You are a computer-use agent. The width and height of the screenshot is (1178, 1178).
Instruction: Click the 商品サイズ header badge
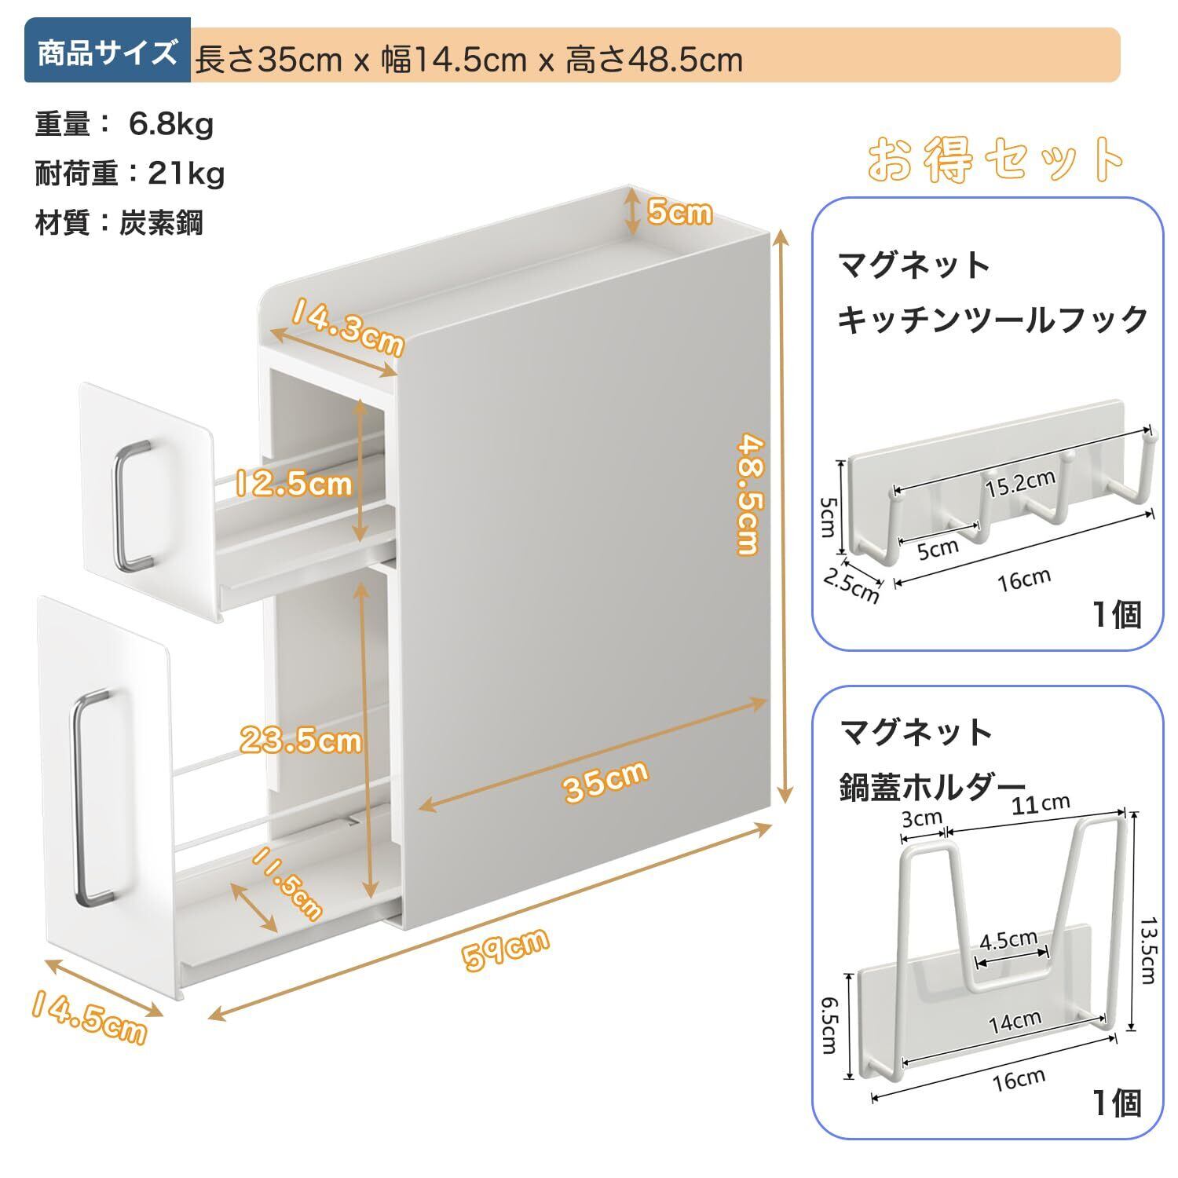[107, 54]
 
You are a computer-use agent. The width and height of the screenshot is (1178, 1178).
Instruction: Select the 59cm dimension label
[505, 949]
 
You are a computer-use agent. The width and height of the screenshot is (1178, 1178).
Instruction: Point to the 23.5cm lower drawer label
[300, 740]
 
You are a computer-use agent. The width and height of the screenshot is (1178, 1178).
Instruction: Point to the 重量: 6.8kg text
[124, 124]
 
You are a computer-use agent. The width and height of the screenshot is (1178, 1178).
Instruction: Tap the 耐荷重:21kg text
[130, 173]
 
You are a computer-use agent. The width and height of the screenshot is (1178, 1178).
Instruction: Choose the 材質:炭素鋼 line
[119, 223]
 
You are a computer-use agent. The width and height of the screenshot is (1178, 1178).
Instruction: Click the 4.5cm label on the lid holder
[1008, 939]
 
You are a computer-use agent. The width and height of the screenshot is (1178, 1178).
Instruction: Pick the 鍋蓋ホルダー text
[931, 785]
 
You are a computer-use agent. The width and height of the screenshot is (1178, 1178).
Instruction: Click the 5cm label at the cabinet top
[679, 211]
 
